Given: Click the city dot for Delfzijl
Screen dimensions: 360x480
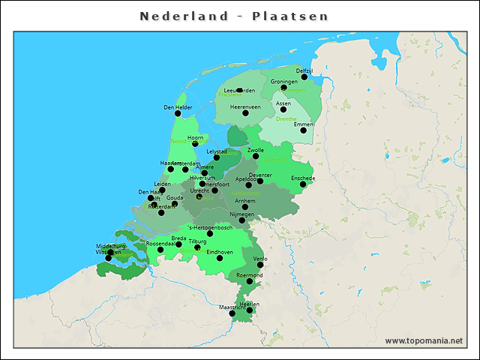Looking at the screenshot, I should pos(304,76).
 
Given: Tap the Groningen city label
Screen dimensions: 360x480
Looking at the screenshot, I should pos(284,81).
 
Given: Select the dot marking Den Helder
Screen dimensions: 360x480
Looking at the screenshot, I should pos(178,114).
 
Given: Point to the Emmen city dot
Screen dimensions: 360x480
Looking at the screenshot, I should pos(304,130).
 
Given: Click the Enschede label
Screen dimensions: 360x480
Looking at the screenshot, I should pos(303,178).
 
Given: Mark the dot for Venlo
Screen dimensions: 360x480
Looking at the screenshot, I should pos(260,265).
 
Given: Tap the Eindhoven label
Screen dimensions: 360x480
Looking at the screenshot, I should pos(219,252).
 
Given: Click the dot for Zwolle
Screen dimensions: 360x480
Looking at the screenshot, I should pos(256,157).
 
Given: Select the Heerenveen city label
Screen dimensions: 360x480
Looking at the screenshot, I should pos(245,106).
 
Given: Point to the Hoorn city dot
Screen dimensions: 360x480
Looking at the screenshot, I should pos(195,143).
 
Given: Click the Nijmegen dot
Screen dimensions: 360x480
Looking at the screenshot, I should pos(241,220).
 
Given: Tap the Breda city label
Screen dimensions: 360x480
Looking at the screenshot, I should pos(178,238).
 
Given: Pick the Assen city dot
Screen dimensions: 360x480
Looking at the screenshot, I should pos(283,109).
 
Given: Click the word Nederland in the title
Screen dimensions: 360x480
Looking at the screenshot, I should pos(184,16).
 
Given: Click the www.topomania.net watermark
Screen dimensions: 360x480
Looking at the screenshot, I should pos(424,340).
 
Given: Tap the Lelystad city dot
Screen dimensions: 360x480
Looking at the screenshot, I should pos(217,157).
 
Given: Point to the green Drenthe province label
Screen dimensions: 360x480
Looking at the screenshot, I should pos(286,118).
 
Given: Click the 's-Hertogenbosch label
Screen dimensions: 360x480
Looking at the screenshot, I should pos(209,227).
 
